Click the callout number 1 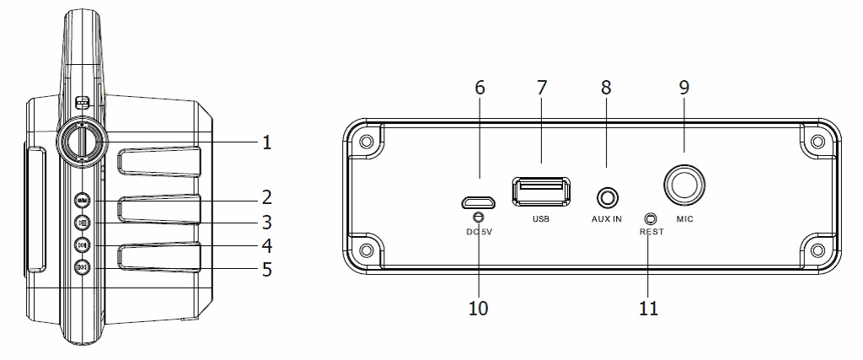[267, 143]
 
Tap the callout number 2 [267, 197]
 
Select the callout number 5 [267, 270]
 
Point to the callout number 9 [684, 88]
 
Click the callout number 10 [479, 309]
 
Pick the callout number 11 [649, 309]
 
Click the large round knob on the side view [82, 142]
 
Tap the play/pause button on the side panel [82, 223]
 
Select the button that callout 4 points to [82, 245]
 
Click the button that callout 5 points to [82, 268]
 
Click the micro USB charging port [479, 201]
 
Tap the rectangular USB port [540, 191]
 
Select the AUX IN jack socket [607, 197]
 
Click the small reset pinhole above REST [651, 218]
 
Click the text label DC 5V [479, 232]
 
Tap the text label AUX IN [607, 218]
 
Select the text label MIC [684, 218]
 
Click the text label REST [651, 232]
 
